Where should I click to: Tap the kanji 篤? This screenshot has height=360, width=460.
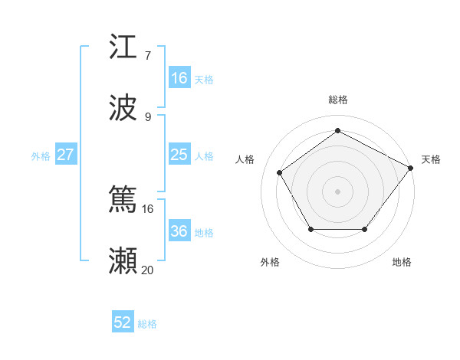[x=123, y=200]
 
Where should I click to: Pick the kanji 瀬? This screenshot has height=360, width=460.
[x=123, y=260]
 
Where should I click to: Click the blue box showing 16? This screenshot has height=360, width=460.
[x=179, y=78]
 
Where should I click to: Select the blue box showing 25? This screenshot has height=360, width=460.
[x=179, y=155]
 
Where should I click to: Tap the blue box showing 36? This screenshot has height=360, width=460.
[x=179, y=231]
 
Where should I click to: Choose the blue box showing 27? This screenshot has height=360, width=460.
[x=65, y=155]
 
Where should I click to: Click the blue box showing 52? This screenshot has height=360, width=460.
[x=123, y=322]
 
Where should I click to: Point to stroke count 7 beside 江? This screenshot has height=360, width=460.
[x=147, y=55]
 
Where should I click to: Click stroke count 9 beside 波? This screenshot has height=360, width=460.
[x=147, y=116]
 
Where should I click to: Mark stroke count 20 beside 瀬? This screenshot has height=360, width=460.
[x=147, y=270]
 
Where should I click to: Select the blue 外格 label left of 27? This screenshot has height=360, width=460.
[x=41, y=156]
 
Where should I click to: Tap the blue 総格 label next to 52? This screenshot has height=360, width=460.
[x=147, y=324]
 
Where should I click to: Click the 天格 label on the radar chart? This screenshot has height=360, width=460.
[x=431, y=159]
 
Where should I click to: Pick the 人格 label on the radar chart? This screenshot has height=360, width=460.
[x=245, y=159]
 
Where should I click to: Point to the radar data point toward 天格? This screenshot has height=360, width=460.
[x=410, y=168]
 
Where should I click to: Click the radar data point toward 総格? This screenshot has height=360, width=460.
[x=337, y=131]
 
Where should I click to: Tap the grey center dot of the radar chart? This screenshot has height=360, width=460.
[x=337, y=191]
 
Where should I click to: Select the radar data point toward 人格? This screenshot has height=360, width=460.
[x=281, y=172]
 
